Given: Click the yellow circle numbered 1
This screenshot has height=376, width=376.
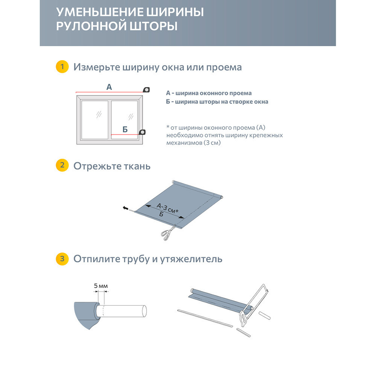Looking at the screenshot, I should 62,67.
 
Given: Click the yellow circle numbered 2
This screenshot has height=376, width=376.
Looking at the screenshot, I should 62,166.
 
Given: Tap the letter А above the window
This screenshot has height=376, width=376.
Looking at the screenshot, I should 109,87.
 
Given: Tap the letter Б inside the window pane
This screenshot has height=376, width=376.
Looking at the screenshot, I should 125,130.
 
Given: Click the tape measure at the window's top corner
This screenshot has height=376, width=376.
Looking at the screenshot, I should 146,89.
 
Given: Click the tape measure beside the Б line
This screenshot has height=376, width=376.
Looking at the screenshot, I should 143,132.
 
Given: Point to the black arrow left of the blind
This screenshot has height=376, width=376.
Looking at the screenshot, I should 125,208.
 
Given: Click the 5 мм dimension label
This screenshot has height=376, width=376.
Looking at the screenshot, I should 101,286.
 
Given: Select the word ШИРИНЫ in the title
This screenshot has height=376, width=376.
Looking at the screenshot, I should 175,12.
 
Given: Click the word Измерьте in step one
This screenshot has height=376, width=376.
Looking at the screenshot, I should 96,67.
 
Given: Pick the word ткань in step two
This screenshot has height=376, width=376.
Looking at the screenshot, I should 138,166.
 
